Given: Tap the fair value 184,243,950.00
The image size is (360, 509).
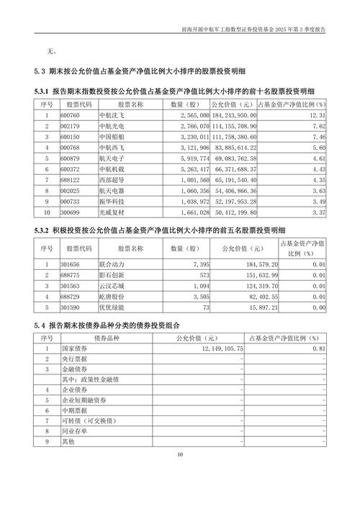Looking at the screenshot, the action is [233, 114].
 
